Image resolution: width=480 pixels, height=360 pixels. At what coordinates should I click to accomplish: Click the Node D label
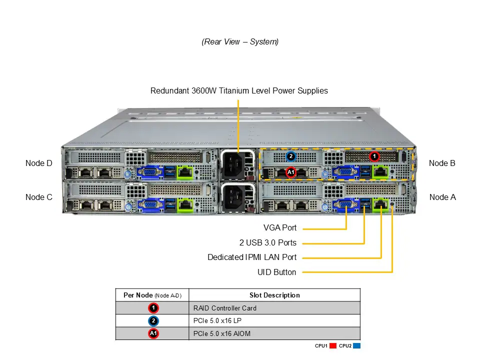click(39, 163)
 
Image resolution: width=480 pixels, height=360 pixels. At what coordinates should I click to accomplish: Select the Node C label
click(39, 197)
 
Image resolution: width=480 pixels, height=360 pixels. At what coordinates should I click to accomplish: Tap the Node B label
click(442, 163)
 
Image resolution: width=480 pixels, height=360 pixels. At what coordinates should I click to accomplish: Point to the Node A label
click(442, 197)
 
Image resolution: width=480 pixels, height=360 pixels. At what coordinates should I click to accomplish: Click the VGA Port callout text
click(280, 228)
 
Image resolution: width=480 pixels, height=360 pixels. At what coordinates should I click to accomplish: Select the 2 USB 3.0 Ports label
click(267, 243)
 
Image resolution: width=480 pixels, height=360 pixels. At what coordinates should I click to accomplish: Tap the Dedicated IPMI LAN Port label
click(252, 257)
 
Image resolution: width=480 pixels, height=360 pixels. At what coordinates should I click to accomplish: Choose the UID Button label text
click(276, 272)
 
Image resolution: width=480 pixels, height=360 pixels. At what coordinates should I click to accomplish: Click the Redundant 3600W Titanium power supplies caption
click(239, 91)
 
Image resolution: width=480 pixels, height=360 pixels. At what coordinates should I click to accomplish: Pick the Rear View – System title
click(240, 42)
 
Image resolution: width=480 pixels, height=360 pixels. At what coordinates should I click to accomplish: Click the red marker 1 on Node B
click(374, 156)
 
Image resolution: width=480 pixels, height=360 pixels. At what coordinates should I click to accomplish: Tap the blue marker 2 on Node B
click(291, 156)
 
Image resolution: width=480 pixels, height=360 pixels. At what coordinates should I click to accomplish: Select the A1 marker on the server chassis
click(291, 172)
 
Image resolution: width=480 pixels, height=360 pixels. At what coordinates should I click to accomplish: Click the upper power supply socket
click(237, 163)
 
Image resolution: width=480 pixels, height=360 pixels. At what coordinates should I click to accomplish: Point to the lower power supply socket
click(237, 197)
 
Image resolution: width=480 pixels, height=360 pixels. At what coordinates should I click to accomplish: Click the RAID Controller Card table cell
click(224, 308)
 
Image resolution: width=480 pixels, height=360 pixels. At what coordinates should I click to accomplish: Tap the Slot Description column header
click(274, 295)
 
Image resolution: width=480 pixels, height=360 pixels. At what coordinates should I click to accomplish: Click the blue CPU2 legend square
click(356, 345)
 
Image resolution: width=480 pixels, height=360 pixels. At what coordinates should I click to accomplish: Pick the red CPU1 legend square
click(332, 345)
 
